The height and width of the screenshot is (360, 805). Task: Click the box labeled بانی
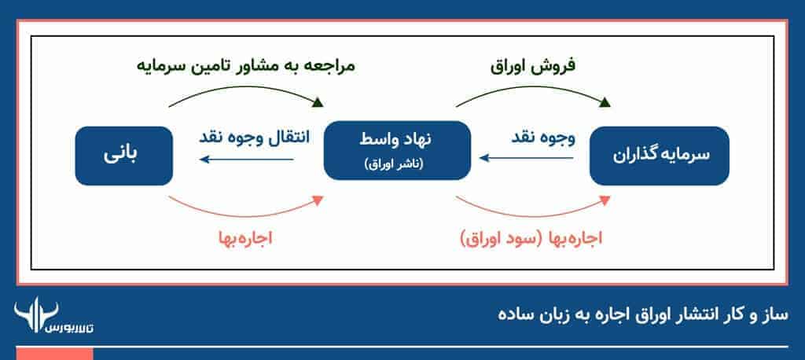(124, 156)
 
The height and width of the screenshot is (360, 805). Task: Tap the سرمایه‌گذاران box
(660, 156)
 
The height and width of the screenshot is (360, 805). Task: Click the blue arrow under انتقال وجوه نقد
(247, 160)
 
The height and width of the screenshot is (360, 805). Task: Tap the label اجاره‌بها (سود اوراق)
(530, 237)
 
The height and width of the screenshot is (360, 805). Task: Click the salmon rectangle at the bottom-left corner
(46, 353)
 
